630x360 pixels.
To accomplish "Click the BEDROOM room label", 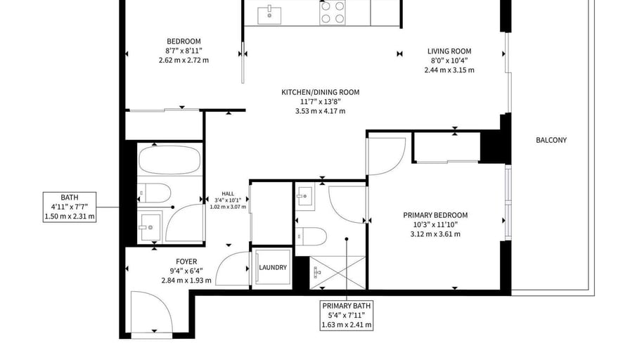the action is point(184,41).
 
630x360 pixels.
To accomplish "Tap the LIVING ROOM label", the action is point(449,51).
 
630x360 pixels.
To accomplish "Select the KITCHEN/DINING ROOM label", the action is point(320,92).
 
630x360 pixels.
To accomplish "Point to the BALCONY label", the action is point(551,140).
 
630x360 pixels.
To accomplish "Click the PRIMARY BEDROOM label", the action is point(435,215).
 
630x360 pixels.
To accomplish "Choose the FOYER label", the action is point(186,262).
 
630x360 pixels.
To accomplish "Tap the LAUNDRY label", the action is point(273,267).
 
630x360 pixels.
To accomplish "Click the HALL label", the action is point(228,193).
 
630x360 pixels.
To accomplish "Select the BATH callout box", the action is point(70,207).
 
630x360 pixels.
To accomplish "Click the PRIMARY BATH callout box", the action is point(347,315).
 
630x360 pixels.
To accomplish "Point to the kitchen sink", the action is point(269,15).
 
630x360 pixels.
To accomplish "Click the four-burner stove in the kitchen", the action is point(333,13).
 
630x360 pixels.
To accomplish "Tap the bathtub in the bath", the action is point(169,160).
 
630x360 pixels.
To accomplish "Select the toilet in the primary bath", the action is point(311,236).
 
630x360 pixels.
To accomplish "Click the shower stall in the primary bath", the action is point(337,272).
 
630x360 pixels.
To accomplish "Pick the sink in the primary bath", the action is point(305,196).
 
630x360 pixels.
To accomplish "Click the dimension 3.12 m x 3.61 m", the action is point(435,234).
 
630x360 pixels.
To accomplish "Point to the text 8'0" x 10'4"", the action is point(449,60).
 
